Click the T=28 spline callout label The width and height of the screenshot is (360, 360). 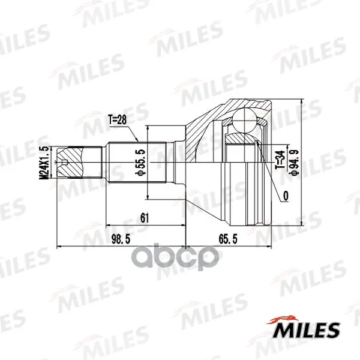[x=117, y=120]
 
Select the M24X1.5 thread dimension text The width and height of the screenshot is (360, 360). [x=44, y=163]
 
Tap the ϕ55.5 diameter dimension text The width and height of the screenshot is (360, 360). [x=140, y=163]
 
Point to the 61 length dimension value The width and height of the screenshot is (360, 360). [x=145, y=218]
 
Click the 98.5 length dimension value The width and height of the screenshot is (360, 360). [x=121, y=239]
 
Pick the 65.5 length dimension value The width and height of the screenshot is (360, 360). [x=228, y=239]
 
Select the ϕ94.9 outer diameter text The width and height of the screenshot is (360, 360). [x=294, y=163]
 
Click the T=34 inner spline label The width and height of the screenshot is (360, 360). [x=280, y=160]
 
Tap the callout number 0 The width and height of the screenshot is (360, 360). [x=286, y=196]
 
